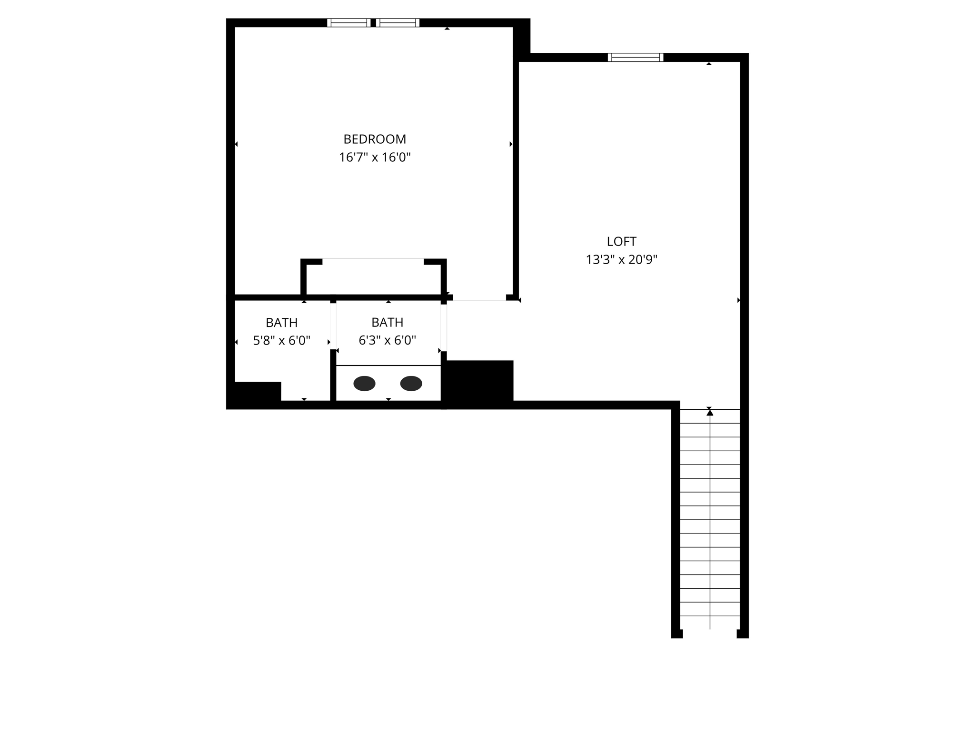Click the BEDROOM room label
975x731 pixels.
pos(375,139)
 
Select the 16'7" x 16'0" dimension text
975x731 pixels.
pos(375,157)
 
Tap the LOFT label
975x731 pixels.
pos(621,241)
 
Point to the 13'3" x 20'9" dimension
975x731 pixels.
pos(621,259)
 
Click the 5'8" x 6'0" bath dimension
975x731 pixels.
pos(281,341)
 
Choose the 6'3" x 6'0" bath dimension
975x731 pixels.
pos(387,340)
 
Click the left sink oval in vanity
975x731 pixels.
pos(364,383)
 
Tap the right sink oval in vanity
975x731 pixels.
pos(411,383)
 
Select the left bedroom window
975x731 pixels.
pos(349,22)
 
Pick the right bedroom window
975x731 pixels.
pos(398,22)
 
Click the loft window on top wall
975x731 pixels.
pos(636,57)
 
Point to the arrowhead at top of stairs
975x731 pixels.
pos(710,413)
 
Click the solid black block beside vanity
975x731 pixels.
pos(478,381)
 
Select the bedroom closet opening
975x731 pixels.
pos(373,260)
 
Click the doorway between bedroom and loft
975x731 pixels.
pos(479,298)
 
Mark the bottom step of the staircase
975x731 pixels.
pos(710,622)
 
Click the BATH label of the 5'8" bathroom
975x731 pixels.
pos(281,323)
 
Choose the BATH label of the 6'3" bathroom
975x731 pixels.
pos(387,322)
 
